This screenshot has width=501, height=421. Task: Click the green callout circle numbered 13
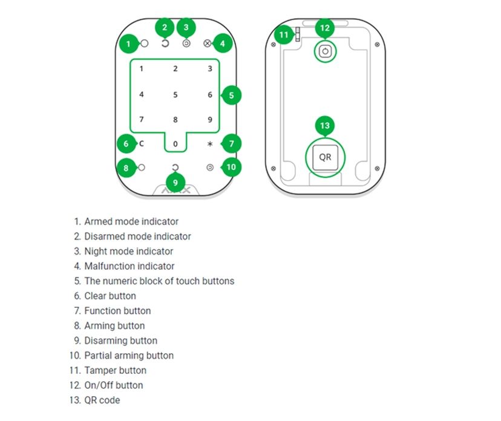point(325,126)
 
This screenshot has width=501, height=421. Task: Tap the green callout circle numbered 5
point(231,95)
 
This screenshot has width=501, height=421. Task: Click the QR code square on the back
point(325,157)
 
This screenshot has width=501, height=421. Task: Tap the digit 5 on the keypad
point(175,95)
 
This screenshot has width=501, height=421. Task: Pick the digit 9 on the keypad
point(210,120)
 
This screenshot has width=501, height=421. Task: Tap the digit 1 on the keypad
point(142,69)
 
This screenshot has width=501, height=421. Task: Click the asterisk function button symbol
point(210,145)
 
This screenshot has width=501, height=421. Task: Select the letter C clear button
point(142,144)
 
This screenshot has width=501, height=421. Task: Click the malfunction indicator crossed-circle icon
point(207,44)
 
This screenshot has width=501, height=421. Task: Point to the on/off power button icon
point(325,52)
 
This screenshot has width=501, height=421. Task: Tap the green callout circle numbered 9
point(175,182)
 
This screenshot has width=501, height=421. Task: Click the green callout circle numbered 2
point(164,27)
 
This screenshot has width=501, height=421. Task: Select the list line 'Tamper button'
point(115,370)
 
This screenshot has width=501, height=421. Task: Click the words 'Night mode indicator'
point(128,251)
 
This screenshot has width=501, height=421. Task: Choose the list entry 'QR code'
point(102,400)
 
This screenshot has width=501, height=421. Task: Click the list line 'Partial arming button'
point(128,356)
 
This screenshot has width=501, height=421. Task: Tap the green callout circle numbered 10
point(231,167)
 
